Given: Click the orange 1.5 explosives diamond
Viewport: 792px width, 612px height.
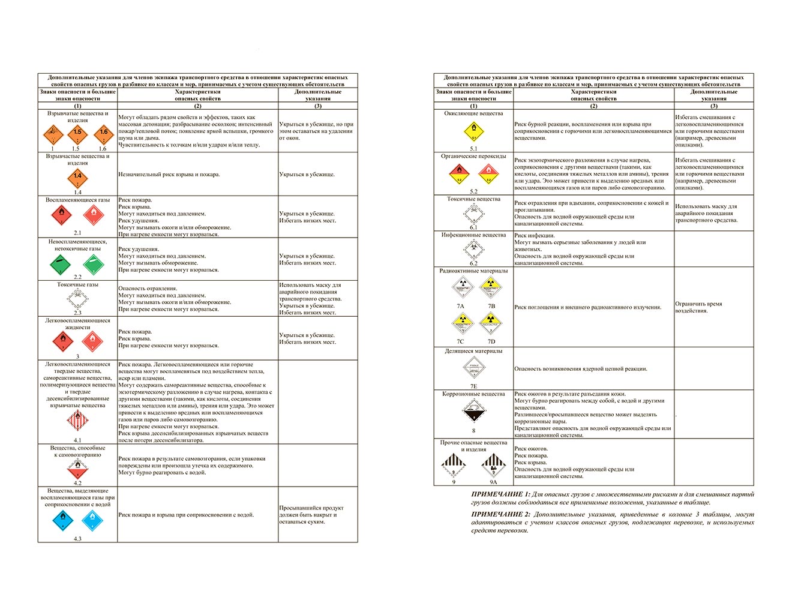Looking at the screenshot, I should point(77,134).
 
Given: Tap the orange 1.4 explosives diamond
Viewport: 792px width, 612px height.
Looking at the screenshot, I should point(77,178).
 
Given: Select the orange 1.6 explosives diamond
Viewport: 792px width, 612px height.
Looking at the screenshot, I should point(104,134).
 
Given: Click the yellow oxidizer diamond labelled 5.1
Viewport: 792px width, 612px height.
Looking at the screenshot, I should point(474,131).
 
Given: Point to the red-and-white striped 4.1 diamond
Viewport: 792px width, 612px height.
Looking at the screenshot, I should point(77,421).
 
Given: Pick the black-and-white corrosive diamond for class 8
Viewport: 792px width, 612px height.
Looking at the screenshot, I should point(473,412).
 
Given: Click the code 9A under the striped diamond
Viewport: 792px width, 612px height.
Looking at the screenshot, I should point(493,482).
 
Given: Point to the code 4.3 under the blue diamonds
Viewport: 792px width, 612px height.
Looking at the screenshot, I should point(77,539).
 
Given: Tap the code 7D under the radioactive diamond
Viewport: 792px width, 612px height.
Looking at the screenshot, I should point(491,341).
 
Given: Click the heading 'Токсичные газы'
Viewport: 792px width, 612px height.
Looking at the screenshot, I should point(77,284).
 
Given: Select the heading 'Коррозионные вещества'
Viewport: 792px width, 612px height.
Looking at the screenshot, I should point(473,394).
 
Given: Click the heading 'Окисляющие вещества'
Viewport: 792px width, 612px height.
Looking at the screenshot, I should point(473,113).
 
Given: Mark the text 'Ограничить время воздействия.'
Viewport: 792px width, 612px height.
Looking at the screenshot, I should point(698,307).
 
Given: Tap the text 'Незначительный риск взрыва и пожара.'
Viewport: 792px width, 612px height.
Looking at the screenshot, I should point(169,175).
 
